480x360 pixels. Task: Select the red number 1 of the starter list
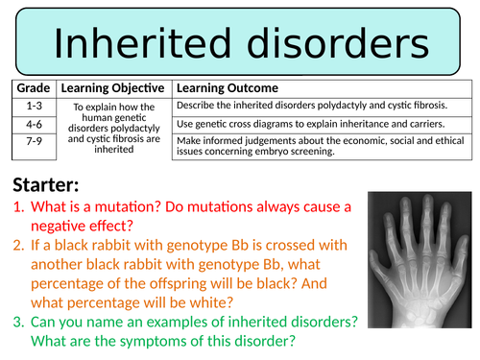[17, 208]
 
